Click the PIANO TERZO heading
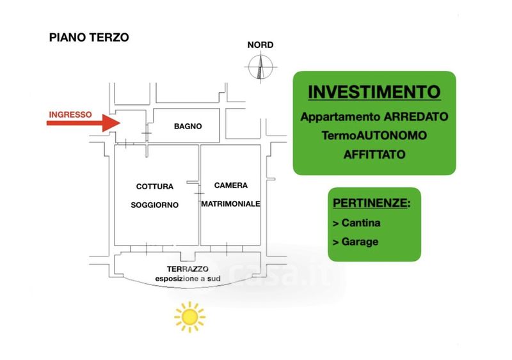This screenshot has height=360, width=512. (89, 38)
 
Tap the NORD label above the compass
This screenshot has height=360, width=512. (260, 45)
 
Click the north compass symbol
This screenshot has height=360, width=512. (260, 67)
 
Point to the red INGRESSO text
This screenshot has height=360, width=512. (70, 115)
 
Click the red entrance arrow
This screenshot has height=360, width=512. (84, 123)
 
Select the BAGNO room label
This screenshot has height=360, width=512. (188, 127)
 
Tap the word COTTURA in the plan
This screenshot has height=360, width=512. (155, 187)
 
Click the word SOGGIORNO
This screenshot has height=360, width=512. (155, 205)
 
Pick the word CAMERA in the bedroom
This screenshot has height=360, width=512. (231, 185)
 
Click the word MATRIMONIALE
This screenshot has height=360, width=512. (230, 204)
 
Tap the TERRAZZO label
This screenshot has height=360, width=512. (188, 269)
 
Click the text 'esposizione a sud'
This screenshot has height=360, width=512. (188, 279)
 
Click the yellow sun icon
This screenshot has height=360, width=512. (189, 317)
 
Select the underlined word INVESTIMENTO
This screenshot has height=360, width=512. (374, 92)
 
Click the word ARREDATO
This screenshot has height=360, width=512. (415, 116)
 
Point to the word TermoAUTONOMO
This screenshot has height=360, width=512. (374, 136)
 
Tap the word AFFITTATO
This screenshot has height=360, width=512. (374, 154)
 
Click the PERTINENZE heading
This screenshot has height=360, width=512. (372, 203)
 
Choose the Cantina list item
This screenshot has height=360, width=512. (356, 223)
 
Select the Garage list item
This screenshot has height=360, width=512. (356, 242)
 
